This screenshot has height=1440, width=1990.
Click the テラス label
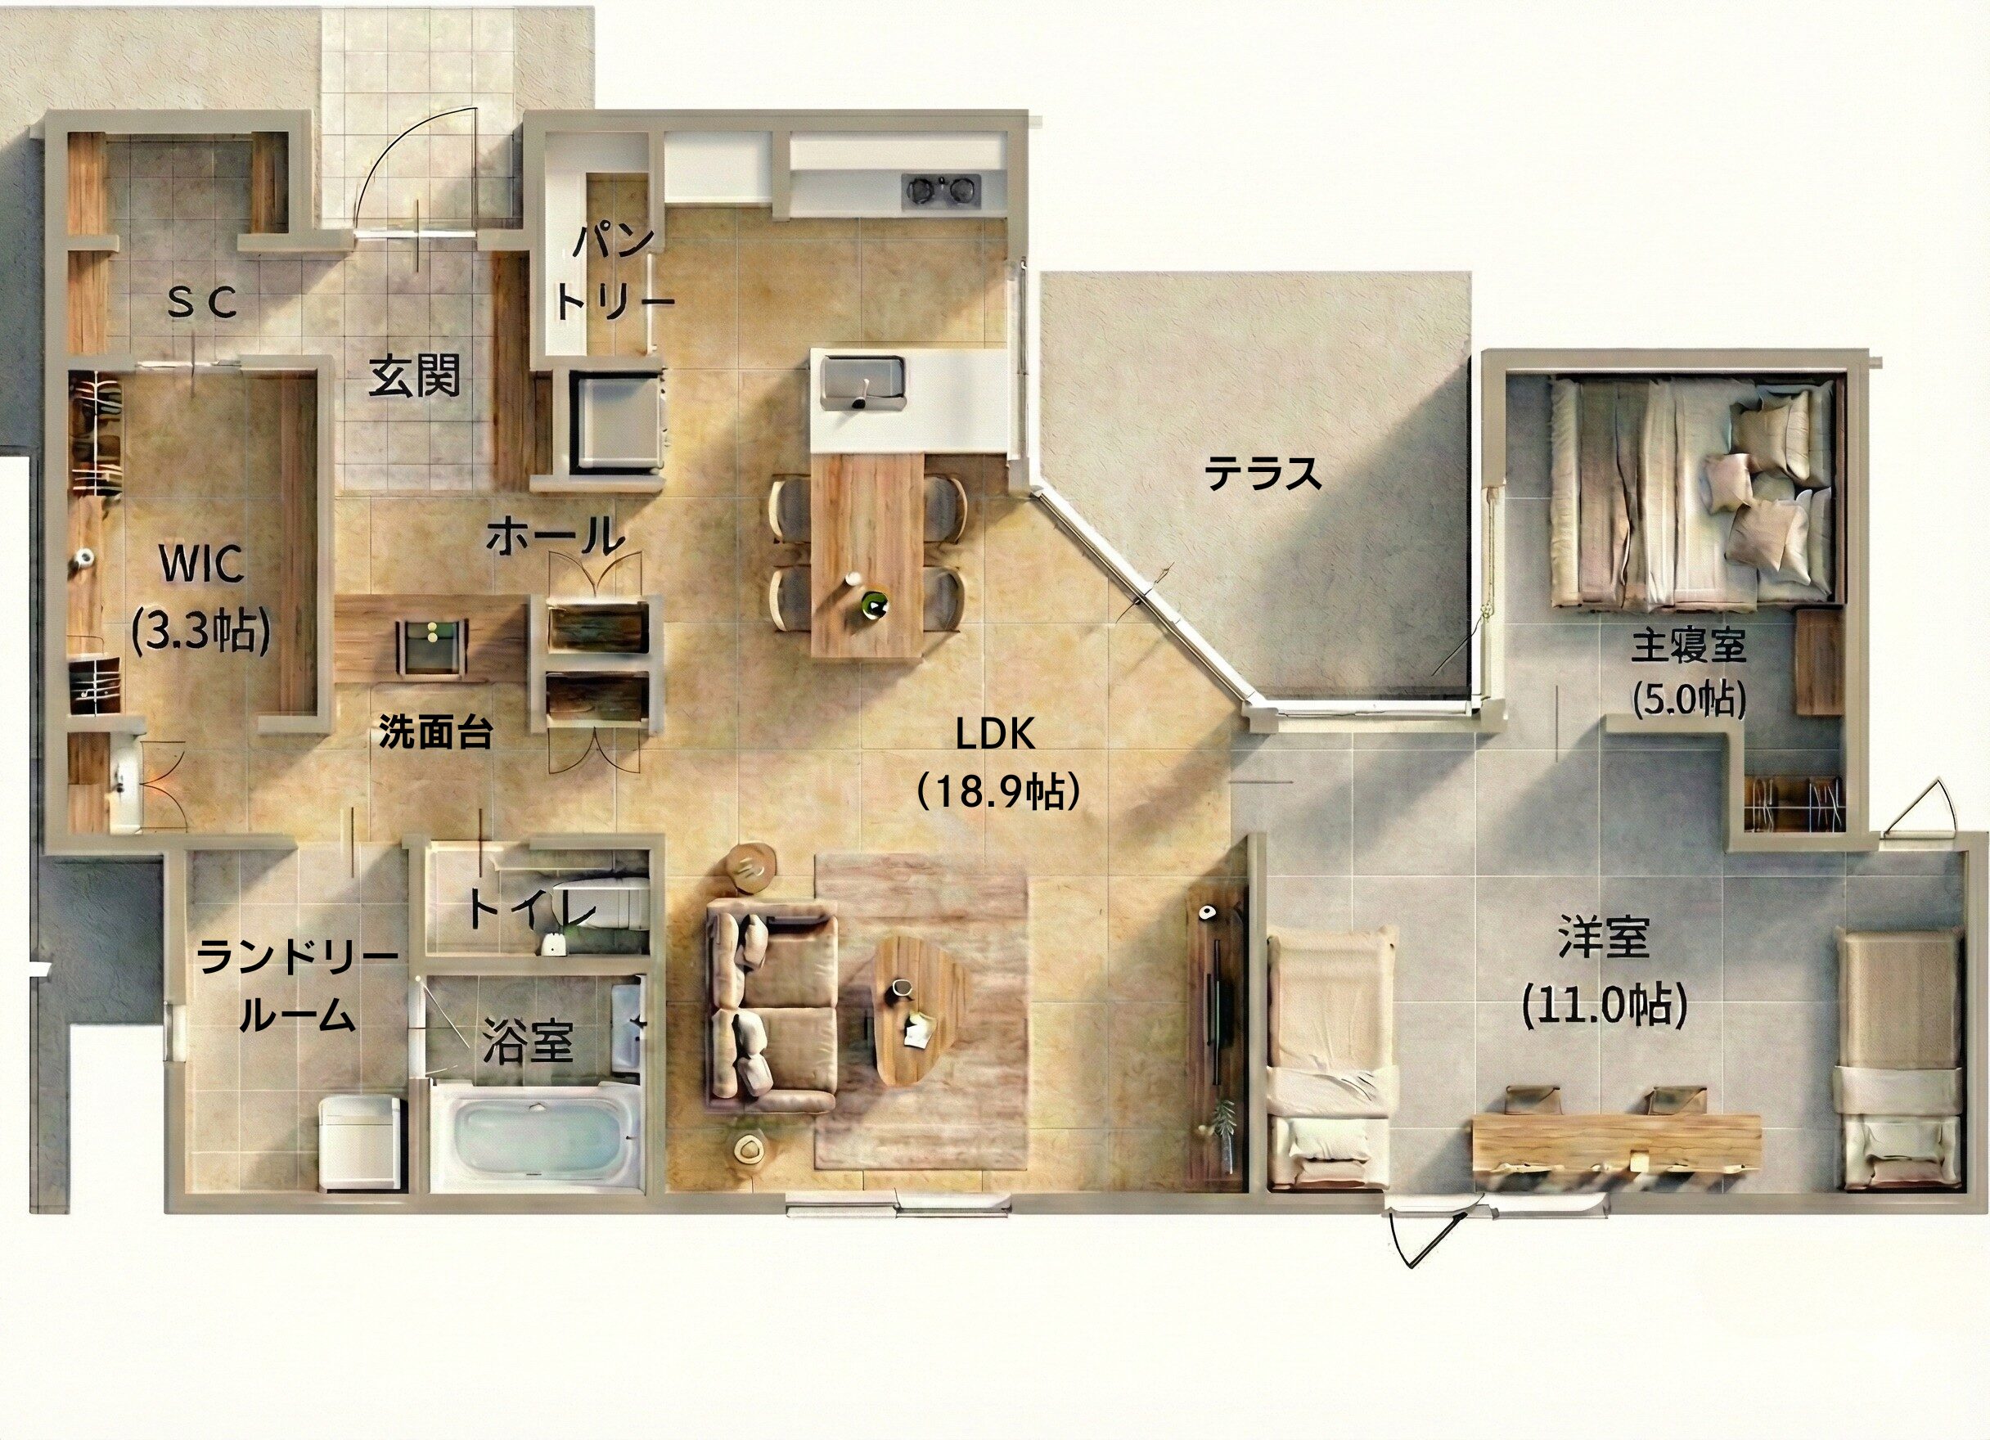1263,475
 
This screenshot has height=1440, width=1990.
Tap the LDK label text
995,736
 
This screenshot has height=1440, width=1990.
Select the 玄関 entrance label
414,377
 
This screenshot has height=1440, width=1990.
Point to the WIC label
202,565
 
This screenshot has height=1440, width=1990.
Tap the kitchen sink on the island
863,383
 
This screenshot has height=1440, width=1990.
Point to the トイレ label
532,910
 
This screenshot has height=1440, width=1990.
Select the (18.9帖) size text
996,791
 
